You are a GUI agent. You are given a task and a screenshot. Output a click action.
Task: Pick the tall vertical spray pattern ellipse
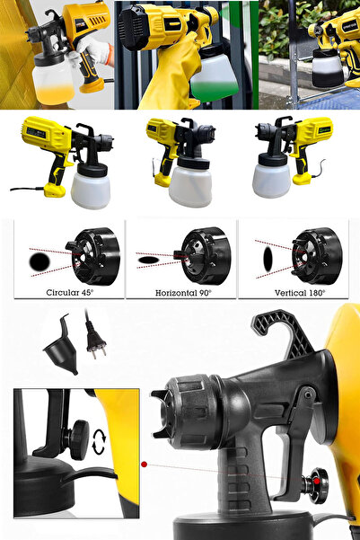[x=267, y=259]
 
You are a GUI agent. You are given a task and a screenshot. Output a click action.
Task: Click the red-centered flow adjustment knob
[x=315, y=486]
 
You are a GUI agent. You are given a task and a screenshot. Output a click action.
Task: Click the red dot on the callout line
[x=144, y=465]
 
